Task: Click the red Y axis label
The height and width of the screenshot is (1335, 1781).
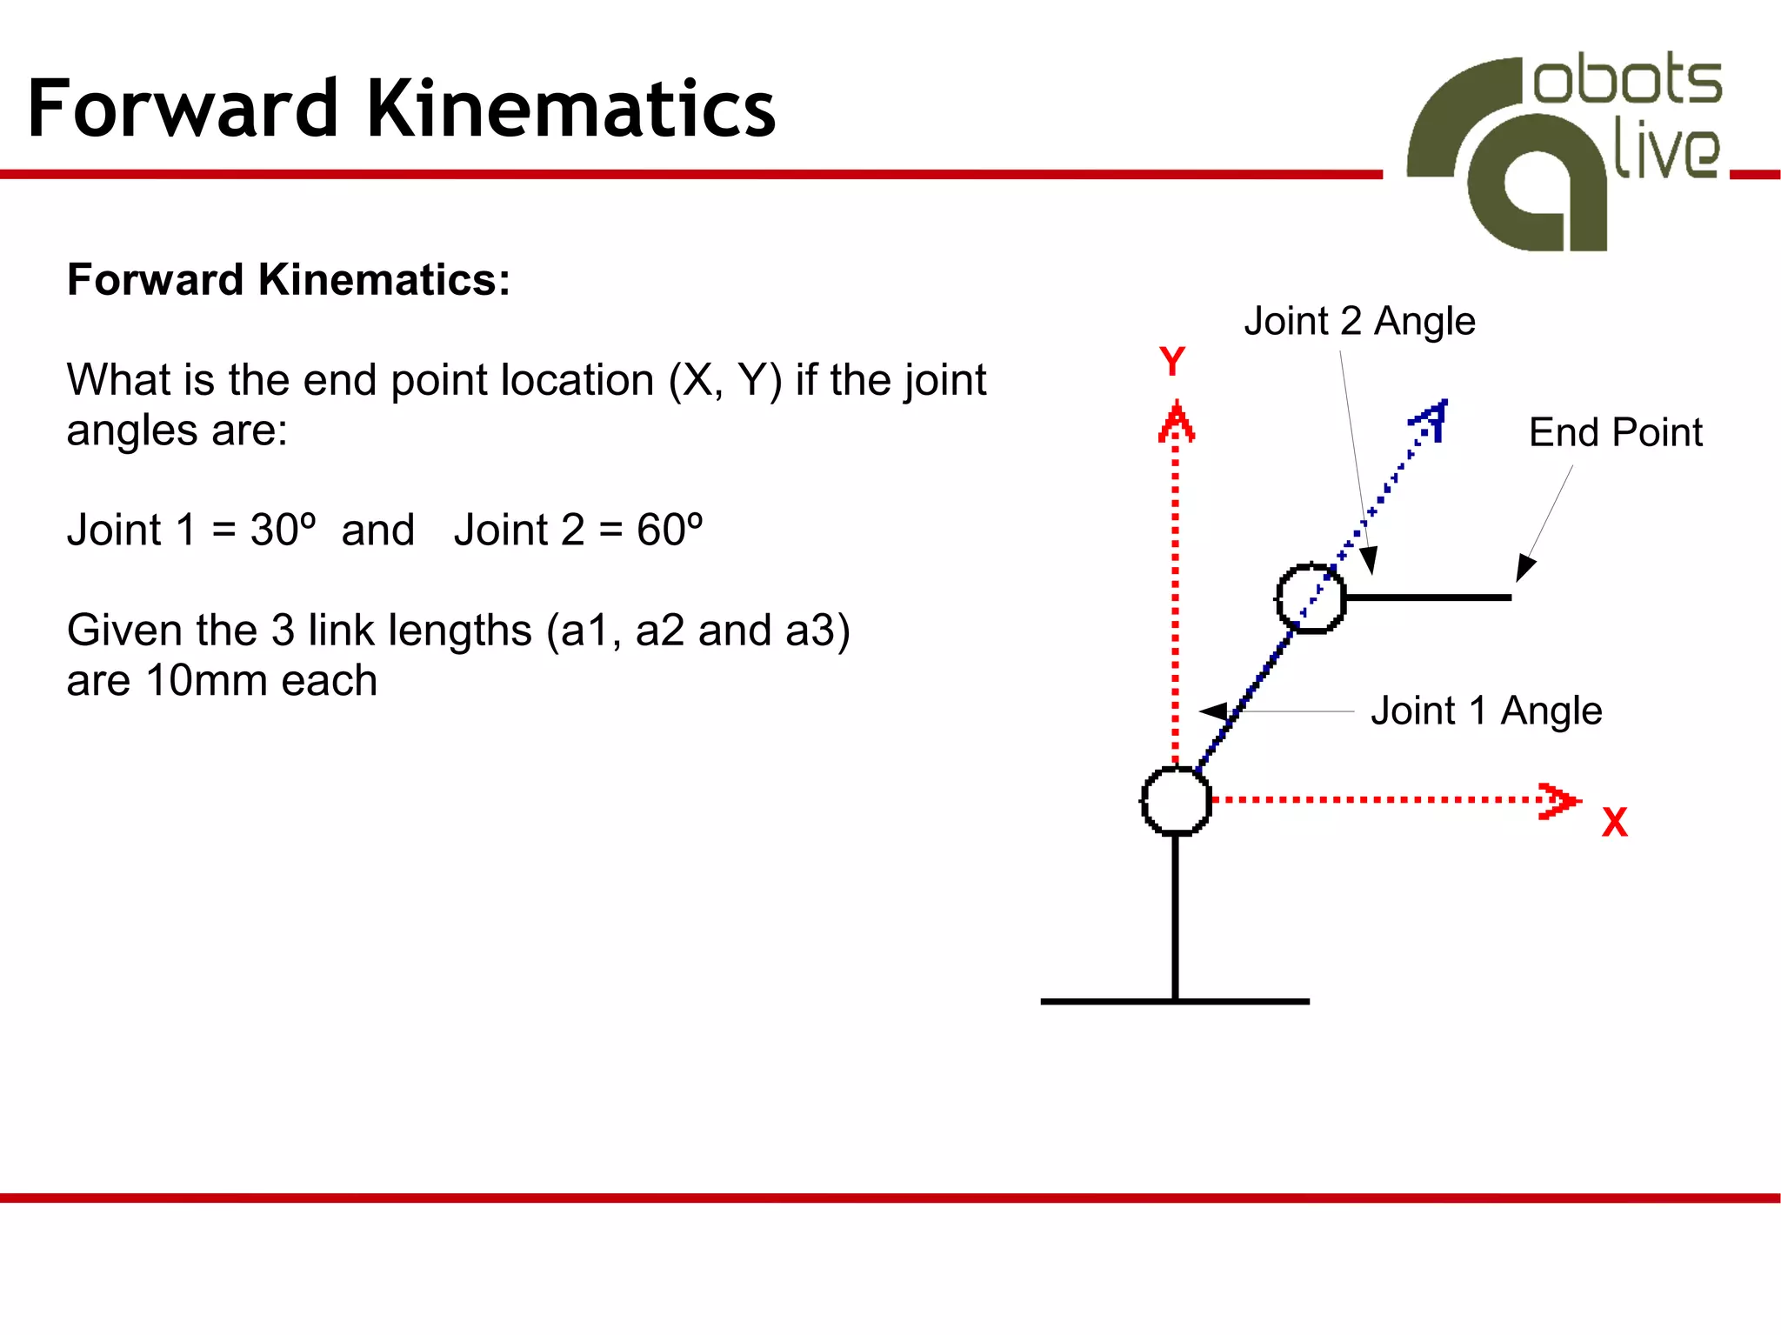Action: coord(1172,361)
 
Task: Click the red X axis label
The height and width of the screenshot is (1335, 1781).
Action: coord(1614,822)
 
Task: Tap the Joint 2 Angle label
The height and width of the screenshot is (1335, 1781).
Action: coord(1359,321)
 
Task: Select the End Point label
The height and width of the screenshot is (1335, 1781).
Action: coord(1615,432)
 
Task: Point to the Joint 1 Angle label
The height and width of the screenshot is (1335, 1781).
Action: coord(1486,711)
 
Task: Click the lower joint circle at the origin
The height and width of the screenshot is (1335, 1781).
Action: coord(1176,800)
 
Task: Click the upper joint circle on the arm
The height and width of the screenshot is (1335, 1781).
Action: coord(1311,597)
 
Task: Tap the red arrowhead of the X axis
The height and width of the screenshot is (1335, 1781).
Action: coord(1559,800)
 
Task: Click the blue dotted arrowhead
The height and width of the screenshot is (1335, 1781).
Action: coord(1431,419)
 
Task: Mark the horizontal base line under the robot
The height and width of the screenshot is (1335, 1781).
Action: coord(1174,1001)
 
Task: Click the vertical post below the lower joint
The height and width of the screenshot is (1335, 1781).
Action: coord(1175,918)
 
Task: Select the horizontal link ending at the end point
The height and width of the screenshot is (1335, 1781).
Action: coord(1426,597)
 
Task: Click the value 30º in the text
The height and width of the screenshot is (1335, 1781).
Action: coord(283,530)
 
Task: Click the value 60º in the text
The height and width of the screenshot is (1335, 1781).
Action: coord(669,530)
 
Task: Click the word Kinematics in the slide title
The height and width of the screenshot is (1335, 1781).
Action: coord(570,109)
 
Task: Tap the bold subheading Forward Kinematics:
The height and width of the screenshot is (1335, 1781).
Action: coord(288,280)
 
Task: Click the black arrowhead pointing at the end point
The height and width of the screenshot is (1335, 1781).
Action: coord(1524,568)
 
